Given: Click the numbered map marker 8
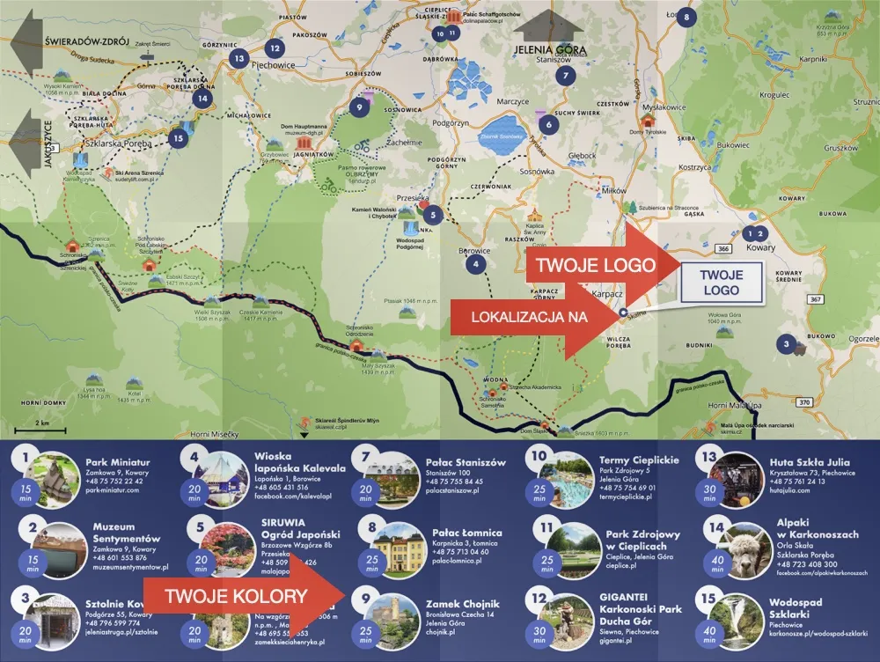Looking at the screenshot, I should (687, 16).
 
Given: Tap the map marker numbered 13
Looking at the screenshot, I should (239, 58).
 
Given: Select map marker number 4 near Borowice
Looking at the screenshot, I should (476, 263).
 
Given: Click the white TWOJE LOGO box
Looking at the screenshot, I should (721, 282).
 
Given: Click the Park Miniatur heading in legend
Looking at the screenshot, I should (118, 462).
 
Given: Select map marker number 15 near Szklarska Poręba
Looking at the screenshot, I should (179, 137).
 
